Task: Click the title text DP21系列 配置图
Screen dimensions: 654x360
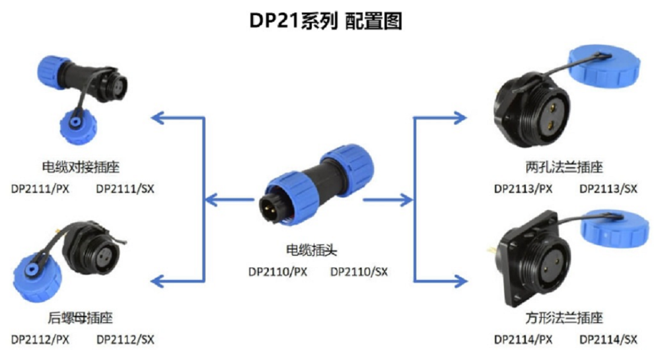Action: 325,20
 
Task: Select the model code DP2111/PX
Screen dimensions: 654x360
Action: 40,189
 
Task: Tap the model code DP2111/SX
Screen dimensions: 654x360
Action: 125,189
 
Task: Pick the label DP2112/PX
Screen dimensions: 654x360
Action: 40,340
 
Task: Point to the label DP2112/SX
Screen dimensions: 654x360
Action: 125,340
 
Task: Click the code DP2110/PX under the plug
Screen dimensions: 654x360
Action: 277,272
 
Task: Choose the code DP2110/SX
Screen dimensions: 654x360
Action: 359,272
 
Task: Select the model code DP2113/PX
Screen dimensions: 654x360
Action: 523,189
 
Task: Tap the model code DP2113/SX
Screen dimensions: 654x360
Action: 608,189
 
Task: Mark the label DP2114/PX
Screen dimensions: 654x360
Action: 523,340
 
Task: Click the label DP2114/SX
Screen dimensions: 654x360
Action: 608,340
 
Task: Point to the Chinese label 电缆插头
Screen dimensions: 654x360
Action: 312,250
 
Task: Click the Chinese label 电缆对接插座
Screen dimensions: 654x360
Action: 81,167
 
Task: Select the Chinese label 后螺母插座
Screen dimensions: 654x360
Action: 80,318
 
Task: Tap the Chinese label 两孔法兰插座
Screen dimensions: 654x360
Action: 564,167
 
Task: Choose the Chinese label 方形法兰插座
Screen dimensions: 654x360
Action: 564,318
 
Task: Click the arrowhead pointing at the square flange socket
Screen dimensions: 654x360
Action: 460,281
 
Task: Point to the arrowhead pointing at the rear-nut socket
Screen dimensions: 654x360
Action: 158,281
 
